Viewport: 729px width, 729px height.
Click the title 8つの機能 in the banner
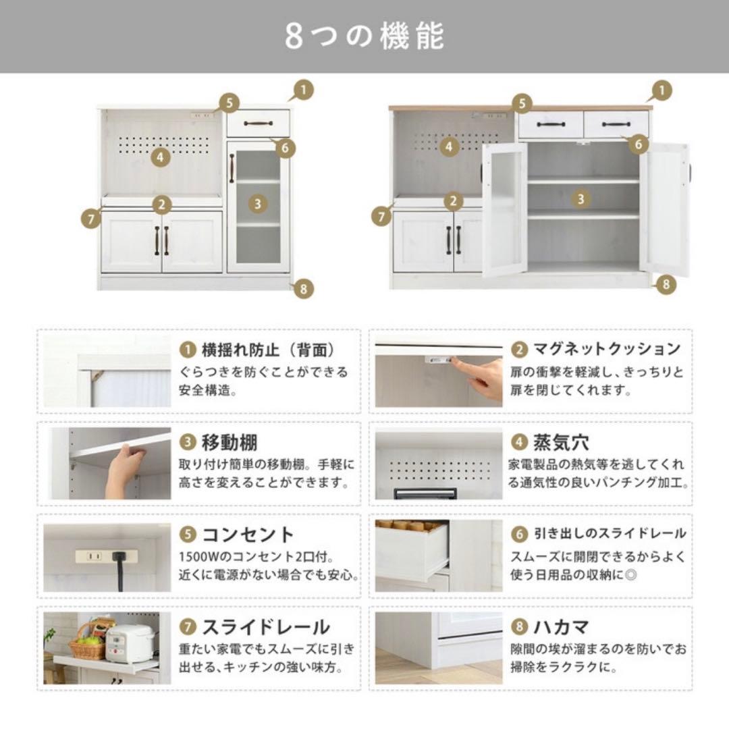click(x=364, y=36)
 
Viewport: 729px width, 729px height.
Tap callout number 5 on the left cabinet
click(x=230, y=103)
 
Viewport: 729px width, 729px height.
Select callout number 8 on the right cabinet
click(x=666, y=283)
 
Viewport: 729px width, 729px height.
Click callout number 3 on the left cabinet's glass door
click(x=258, y=204)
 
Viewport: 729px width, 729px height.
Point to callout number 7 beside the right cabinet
click(x=381, y=217)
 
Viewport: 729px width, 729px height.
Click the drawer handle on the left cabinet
click(x=258, y=124)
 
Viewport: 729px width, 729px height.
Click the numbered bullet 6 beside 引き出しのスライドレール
click(x=519, y=534)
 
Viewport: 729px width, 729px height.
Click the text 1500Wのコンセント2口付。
click(x=256, y=556)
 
